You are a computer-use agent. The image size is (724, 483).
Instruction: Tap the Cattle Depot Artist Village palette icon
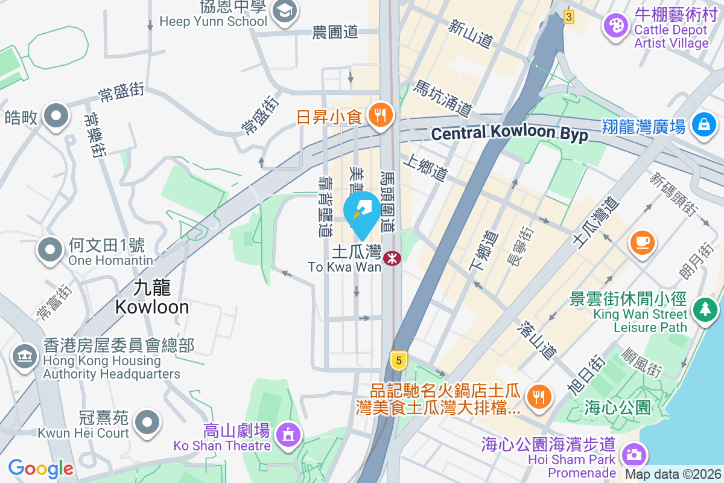tap(615, 26)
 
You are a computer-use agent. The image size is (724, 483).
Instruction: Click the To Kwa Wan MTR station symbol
tap(393, 258)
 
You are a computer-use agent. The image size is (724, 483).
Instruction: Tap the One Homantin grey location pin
tap(51, 249)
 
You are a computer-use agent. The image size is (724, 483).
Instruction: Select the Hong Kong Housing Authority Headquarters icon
tap(25, 355)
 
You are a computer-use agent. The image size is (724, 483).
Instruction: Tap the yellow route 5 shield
tap(397, 361)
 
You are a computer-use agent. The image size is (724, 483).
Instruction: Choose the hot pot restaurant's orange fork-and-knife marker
tap(537, 396)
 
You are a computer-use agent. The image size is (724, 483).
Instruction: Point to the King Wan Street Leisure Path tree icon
tap(703, 309)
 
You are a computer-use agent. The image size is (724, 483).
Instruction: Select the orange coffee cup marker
tap(642, 241)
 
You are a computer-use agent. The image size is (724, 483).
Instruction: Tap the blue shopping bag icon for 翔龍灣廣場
tap(703, 124)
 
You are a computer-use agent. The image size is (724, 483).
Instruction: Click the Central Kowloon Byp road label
tap(510, 133)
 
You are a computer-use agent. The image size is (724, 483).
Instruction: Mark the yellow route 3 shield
tap(568, 16)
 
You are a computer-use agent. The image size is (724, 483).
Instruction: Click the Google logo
tap(40, 468)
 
